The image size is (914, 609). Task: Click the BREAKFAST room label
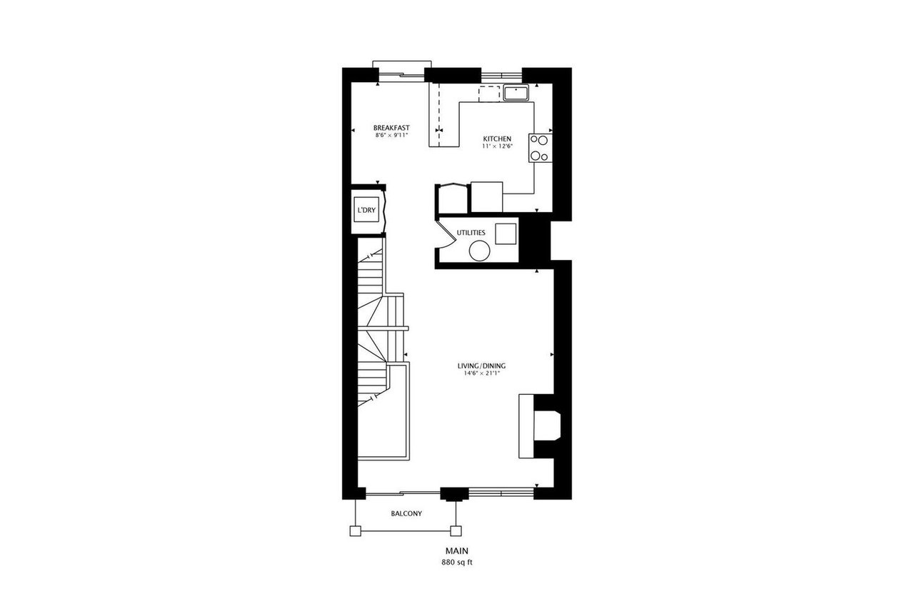point(391,128)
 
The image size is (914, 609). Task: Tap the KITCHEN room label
point(497,139)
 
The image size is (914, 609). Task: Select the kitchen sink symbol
point(515,93)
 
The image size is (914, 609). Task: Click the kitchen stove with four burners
point(539,148)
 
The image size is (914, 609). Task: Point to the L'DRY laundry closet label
point(366,211)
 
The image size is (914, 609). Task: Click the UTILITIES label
point(471,233)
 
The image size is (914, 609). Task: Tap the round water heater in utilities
point(479,251)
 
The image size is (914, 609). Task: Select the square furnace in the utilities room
point(506,233)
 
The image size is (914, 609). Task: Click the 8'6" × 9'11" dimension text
point(391,135)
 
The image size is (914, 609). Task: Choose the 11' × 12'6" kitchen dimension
point(497,146)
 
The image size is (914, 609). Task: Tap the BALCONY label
point(406,514)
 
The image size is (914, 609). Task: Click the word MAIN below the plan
point(456,551)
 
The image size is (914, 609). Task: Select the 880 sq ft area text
point(456,562)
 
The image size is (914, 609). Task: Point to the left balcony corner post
point(354,530)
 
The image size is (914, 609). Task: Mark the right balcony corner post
point(455,530)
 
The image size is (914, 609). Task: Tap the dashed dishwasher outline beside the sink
point(489,93)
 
